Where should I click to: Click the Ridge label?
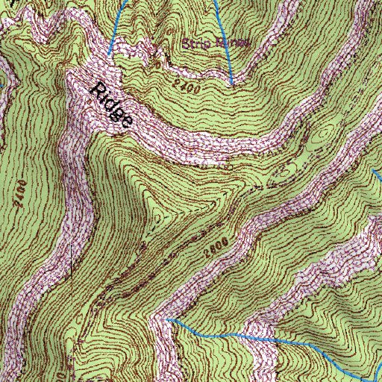[x=113, y=107]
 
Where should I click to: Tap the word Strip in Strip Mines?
[x=195, y=44]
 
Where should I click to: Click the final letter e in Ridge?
[x=127, y=122]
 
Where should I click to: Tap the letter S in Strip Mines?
[x=186, y=44]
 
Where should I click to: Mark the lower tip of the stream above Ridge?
[x=109, y=55]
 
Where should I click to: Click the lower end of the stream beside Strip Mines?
[x=233, y=83]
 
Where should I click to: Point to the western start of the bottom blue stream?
[x=168, y=319]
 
